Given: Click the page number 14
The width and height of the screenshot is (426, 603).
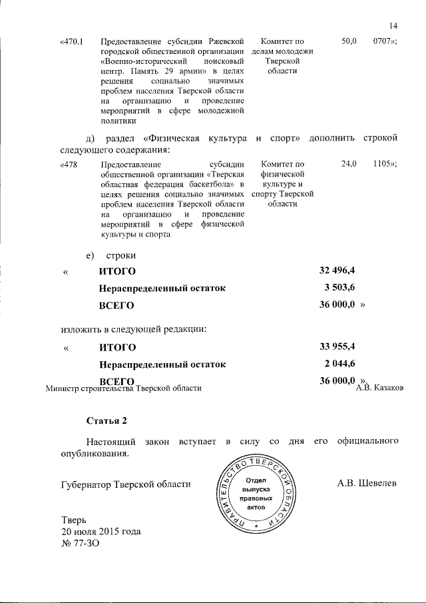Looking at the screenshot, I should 392,26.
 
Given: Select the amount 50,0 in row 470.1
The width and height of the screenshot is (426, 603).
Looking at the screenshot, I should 349,41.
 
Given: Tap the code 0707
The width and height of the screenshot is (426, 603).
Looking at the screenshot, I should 385,41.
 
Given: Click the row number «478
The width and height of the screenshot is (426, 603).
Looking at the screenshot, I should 69,164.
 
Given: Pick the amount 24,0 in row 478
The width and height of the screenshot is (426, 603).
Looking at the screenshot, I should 349,164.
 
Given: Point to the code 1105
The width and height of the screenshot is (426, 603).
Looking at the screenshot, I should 385,164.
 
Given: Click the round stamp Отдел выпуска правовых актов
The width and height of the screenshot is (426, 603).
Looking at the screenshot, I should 256,494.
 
